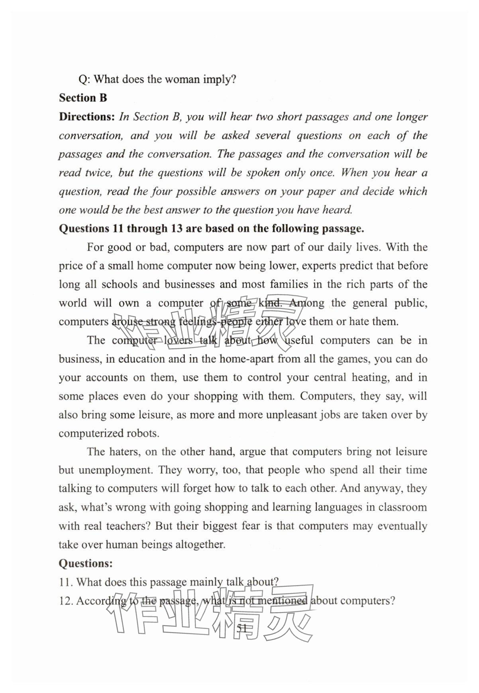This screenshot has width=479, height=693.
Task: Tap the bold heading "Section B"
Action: click(x=83, y=98)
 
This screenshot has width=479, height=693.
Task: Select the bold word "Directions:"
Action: click(x=87, y=117)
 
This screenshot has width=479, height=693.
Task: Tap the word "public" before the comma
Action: click(x=409, y=303)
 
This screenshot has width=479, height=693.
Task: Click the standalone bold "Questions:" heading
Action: click(x=86, y=563)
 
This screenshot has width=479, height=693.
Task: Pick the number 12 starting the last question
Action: click(x=65, y=601)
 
